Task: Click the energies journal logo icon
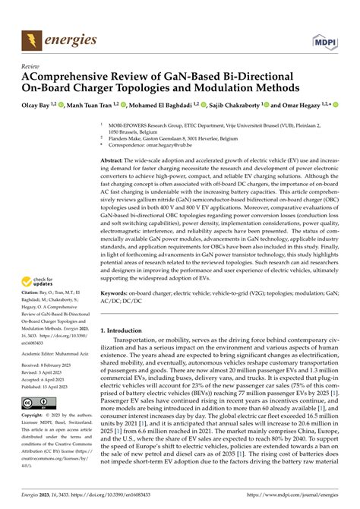coord(30,38)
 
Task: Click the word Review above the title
coord(31,65)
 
